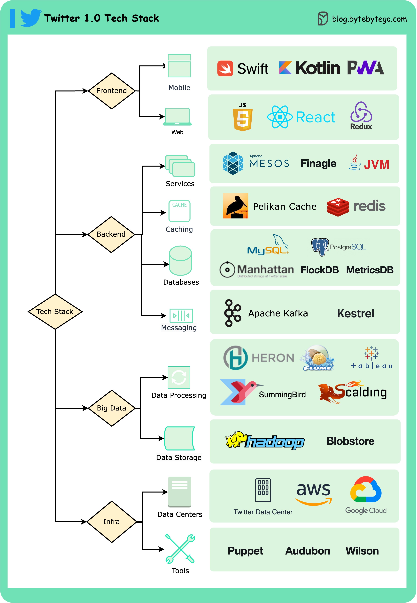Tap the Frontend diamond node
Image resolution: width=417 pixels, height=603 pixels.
click(112, 91)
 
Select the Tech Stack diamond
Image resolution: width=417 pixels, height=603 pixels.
click(55, 311)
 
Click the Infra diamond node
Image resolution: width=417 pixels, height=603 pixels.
click(112, 522)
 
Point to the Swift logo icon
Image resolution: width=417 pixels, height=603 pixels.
click(225, 69)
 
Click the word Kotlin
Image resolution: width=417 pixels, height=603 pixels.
click(317, 68)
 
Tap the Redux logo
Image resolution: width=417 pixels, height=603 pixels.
click(361, 115)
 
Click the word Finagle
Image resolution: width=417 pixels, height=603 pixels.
click(318, 163)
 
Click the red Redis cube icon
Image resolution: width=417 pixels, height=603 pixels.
click(338, 207)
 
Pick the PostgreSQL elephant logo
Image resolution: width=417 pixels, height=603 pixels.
click(320, 247)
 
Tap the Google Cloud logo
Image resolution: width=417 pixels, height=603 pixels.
click(366, 490)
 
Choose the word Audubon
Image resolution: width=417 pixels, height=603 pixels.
click(308, 551)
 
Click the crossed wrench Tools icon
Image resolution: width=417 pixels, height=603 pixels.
click(180, 549)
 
